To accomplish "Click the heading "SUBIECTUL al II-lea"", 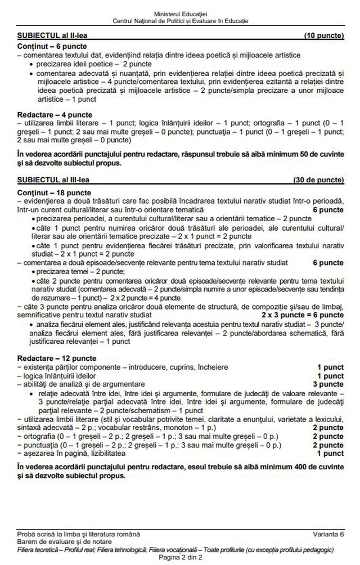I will tap(53, 35).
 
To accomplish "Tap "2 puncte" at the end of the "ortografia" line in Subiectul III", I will tap(328, 437).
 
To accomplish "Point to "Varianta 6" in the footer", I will tap(329, 533).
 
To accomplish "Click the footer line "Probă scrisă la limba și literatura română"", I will tap(79, 533).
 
